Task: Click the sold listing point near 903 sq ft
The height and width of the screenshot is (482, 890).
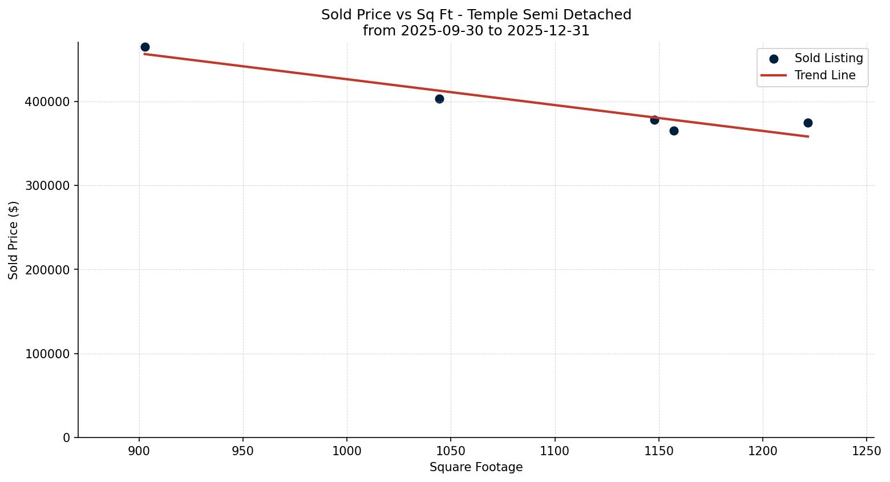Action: [145, 47]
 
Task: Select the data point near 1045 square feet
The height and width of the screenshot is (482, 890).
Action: [439, 99]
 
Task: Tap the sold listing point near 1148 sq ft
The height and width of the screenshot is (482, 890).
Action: [654, 120]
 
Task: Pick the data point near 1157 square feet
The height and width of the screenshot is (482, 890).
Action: [674, 131]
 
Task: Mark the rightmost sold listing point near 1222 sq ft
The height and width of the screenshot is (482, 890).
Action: [808, 123]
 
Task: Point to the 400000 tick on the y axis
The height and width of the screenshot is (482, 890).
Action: [47, 102]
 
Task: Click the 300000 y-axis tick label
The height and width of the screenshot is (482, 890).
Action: [47, 186]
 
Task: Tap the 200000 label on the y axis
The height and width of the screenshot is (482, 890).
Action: [47, 270]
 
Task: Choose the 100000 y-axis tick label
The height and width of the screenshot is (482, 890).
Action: [47, 354]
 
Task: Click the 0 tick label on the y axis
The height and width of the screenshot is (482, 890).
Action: [67, 438]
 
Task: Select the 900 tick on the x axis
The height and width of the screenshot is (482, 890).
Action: [139, 451]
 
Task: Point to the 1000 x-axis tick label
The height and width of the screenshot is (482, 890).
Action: [347, 451]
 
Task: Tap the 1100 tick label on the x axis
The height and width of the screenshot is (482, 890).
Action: [555, 451]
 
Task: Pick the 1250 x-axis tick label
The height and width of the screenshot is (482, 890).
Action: [867, 451]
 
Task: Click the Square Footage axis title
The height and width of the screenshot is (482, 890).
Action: [476, 467]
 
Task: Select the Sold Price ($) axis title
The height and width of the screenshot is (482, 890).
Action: [14, 240]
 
